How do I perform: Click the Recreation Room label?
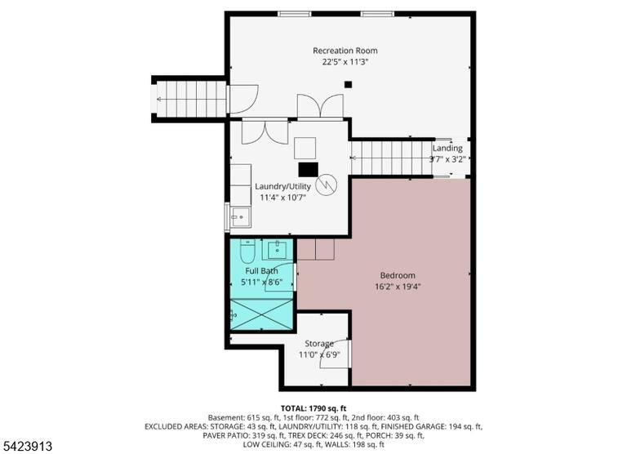click(345, 51)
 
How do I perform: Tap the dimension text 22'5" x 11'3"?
click(345, 62)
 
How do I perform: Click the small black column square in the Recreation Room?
click(349, 84)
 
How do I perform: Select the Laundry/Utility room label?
click(282, 186)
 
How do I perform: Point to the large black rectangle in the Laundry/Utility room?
click(309, 170)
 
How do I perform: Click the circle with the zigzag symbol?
click(327, 185)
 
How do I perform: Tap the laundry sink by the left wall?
click(240, 217)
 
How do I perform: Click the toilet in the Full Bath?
click(247, 251)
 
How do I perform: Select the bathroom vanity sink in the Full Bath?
click(278, 250)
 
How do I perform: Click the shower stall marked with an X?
click(262, 314)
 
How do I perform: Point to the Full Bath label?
click(261, 271)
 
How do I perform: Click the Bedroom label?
click(398, 276)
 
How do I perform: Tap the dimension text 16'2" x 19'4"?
click(398, 287)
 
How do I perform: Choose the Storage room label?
click(319, 344)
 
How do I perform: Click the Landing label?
click(447, 149)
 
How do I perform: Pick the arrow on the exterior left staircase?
click(192, 99)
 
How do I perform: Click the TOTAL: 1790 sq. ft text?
click(313, 408)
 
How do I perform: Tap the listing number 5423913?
click(28, 446)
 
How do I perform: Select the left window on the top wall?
click(294, 14)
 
